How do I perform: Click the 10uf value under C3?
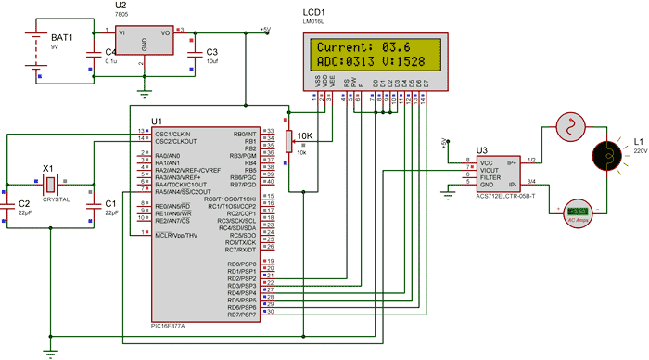click(211, 61)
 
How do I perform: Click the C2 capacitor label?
click(25, 202)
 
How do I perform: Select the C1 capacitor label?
click(110, 202)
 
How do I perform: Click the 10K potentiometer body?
click(290, 141)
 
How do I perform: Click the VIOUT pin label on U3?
click(490, 171)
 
